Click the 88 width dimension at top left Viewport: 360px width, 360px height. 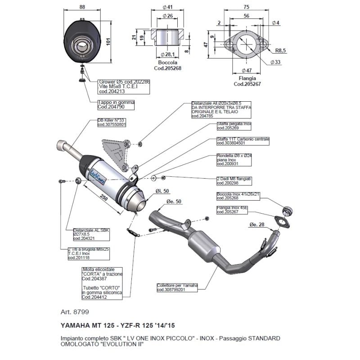coord(81,7)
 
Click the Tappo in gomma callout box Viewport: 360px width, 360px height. coord(116,104)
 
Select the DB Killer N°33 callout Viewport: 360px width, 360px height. coord(112,122)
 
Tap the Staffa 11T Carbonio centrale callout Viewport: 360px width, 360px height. coord(243,141)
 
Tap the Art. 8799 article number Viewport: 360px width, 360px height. coord(74,311)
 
